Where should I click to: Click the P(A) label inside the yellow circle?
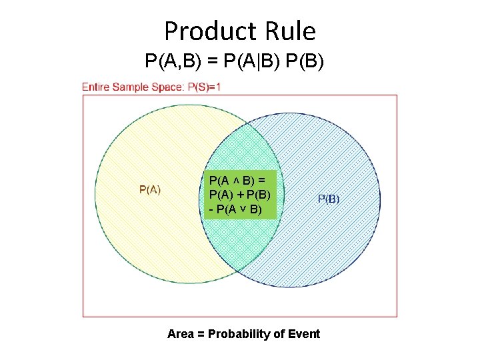click(x=149, y=189)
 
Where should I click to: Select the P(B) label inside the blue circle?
click(x=329, y=198)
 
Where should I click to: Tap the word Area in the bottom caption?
click(x=181, y=334)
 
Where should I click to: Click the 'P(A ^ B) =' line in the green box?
click(x=237, y=180)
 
